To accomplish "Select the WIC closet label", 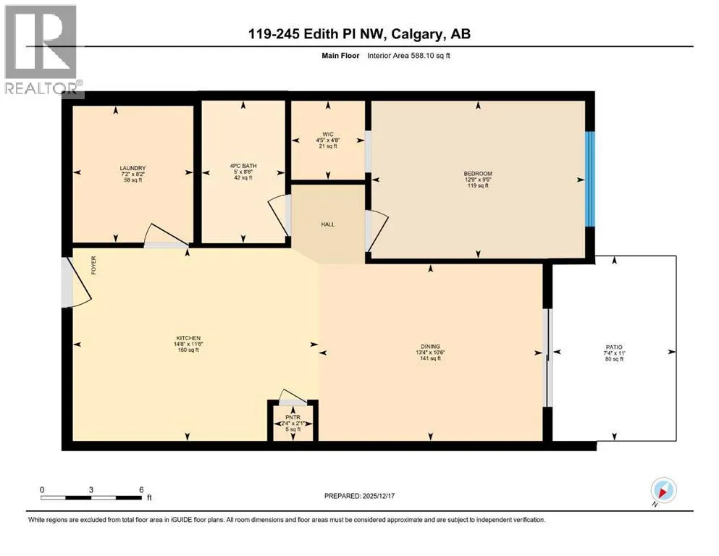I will tap(327, 133).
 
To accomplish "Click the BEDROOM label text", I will tap(478, 174).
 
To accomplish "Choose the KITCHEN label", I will tap(188, 338).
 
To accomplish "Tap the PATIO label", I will tap(615, 347).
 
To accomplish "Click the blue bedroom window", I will tap(590, 178).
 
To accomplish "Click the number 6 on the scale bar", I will tap(141, 489).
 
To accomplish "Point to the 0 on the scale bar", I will tap(42, 489).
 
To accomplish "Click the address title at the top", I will tap(359, 35).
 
